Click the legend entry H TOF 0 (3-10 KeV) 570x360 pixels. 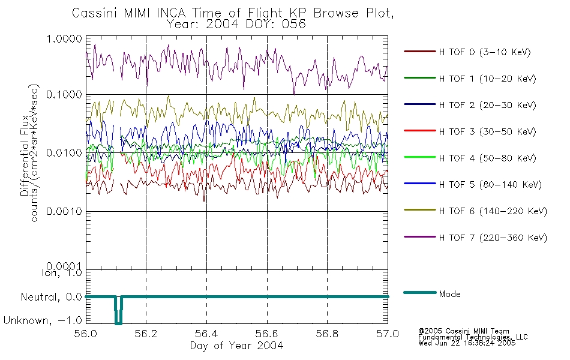(x=485, y=52)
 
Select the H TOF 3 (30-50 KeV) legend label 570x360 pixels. (x=487, y=131)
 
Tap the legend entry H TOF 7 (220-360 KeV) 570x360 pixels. (x=493, y=238)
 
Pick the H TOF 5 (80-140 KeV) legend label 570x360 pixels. (x=490, y=185)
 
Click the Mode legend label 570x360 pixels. (x=449, y=294)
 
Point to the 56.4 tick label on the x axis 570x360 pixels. (x=206, y=334)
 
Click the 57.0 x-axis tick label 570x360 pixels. (x=388, y=334)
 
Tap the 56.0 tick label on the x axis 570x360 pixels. (x=86, y=334)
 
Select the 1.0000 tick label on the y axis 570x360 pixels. (x=64, y=38)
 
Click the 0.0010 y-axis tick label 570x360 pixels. (x=64, y=211)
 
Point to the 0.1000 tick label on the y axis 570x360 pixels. (x=64, y=95)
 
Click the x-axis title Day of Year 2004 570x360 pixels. (x=236, y=346)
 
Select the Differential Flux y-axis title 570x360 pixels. (x=25, y=155)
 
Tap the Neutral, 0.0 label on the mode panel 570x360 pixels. (x=51, y=297)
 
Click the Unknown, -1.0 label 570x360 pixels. (x=43, y=320)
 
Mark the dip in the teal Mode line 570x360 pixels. (x=119, y=323)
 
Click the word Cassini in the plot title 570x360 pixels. (x=95, y=13)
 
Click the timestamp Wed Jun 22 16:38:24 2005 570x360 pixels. (x=467, y=343)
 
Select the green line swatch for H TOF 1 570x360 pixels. (x=420, y=78)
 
